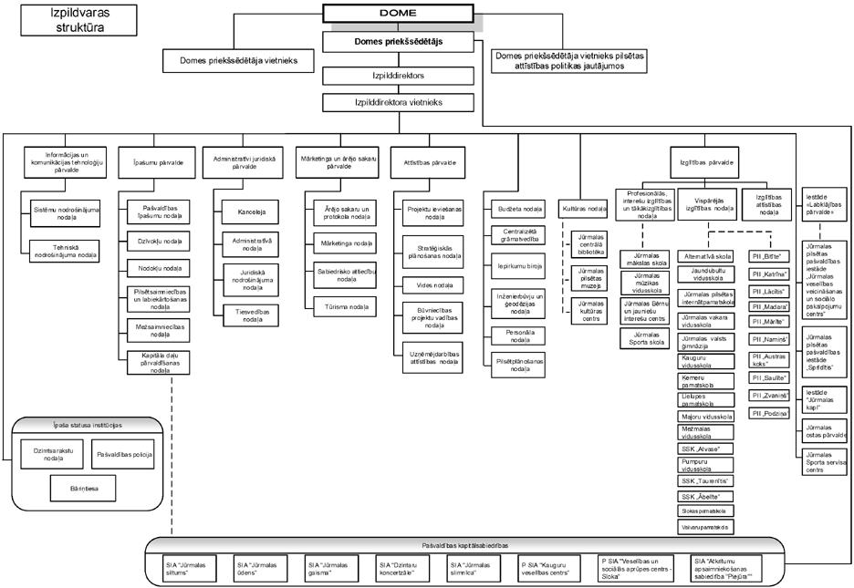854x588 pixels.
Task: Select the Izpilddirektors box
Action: point(397,76)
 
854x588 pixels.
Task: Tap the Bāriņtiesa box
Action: point(78,488)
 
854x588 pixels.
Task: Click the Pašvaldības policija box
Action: point(124,453)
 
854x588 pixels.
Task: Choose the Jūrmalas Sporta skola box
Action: point(645,338)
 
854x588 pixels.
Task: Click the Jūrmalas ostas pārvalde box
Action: point(826,431)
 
